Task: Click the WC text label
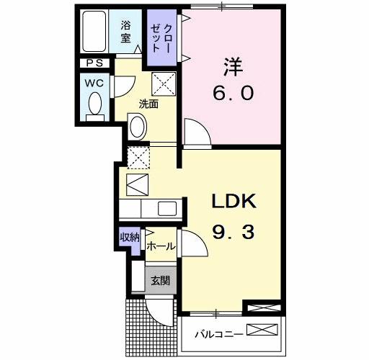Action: click(x=94, y=82)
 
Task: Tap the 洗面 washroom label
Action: click(x=149, y=103)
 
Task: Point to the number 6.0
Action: click(x=233, y=94)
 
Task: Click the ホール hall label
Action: click(x=160, y=246)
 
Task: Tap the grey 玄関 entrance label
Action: click(x=160, y=282)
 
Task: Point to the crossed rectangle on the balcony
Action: click(x=262, y=331)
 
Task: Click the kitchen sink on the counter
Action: click(x=166, y=210)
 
